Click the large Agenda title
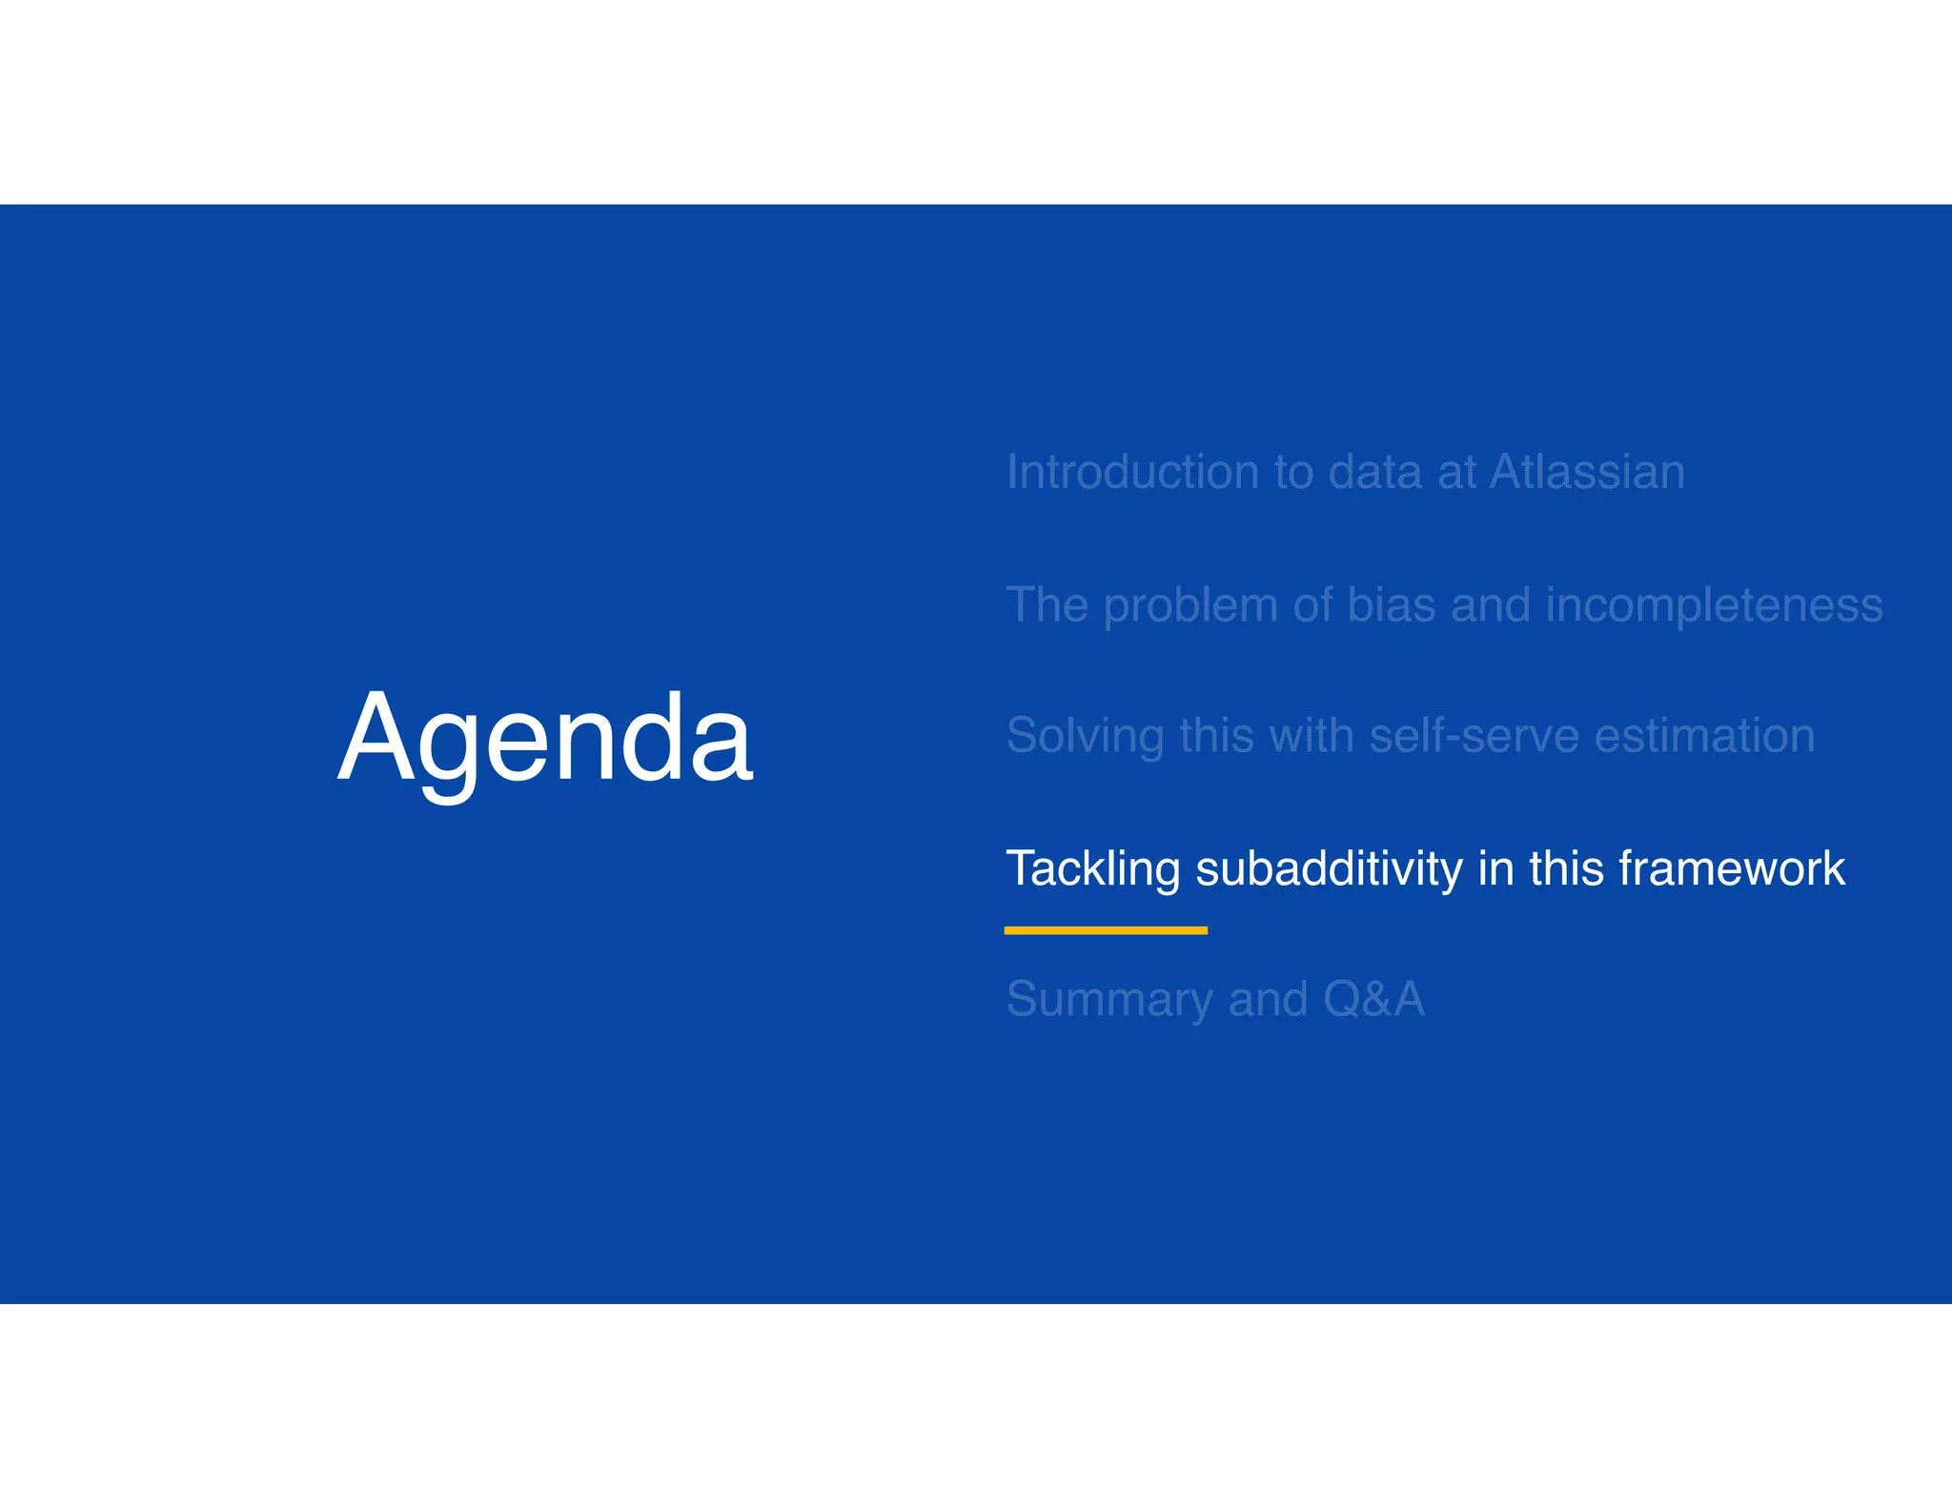545,739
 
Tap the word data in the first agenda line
1374,472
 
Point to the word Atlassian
1587,472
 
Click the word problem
1190,606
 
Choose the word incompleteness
1714,606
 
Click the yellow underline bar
1106,930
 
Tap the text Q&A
1373,999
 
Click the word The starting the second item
1047,604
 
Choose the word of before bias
1312,604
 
